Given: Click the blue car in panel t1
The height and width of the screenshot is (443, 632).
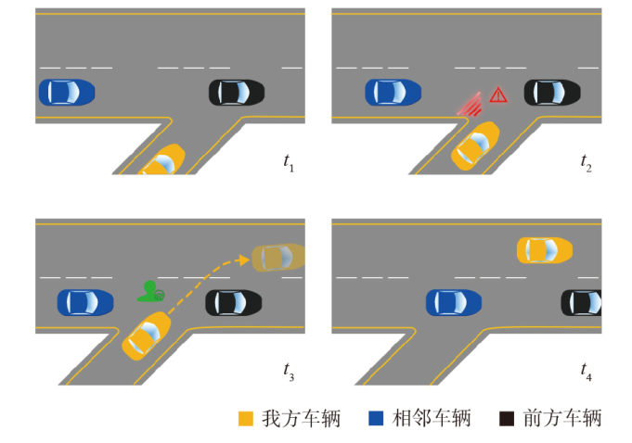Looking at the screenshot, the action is [x=67, y=92].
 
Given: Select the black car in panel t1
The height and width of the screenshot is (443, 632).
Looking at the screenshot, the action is [x=237, y=92].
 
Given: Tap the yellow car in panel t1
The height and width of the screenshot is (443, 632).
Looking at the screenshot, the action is [x=162, y=160].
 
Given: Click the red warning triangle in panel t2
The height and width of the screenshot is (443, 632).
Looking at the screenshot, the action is [x=498, y=95].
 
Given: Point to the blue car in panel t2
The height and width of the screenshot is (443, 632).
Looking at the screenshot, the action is [x=393, y=92].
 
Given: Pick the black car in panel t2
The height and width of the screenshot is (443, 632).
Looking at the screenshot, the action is [x=552, y=92].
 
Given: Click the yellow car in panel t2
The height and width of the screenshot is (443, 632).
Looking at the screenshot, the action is [x=475, y=146].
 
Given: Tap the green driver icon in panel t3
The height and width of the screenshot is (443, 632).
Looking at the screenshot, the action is [x=150, y=292].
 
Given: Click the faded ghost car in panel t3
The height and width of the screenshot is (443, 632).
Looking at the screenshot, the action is [x=278, y=257].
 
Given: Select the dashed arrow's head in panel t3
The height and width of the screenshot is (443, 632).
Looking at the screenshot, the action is [x=243, y=259].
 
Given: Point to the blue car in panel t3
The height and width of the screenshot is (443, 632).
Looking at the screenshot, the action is [x=85, y=302].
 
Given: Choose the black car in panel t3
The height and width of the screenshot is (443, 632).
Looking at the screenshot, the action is [x=234, y=302].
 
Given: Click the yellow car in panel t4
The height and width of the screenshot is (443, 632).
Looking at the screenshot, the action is [x=545, y=250].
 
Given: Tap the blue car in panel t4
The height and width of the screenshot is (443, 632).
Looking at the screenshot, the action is [x=454, y=302].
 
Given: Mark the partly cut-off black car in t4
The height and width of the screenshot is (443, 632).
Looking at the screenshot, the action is [x=581, y=302].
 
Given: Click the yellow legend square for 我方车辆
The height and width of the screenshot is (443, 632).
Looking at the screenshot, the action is [x=245, y=419].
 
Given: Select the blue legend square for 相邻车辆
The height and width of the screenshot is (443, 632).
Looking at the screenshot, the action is [x=376, y=419].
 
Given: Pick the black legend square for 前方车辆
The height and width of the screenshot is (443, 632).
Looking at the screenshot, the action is [x=507, y=419].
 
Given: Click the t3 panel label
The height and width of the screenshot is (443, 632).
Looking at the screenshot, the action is [x=289, y=372].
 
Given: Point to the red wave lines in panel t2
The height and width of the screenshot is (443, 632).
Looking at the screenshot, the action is [x=470, y=105].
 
